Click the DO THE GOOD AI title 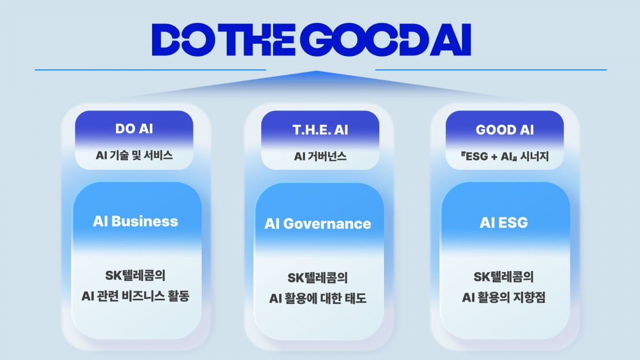[x=311, y=39]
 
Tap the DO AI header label [x=134, y=129]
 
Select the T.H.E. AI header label [x=321, y=130]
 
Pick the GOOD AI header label [x=505, y=130]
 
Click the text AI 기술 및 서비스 [x=134, y=155]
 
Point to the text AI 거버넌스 [x=321, y=156]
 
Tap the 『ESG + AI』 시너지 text [x=505, y=156]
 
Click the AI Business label [x=135, y=221]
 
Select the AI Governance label [x=318, y=223]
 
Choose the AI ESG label [x=503, y=222]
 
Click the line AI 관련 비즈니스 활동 [x=135, y=296]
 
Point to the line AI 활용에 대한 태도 [x=318, y=298]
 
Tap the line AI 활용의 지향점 [x=503, y=298]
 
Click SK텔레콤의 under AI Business [x=135, y=276]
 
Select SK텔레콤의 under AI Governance [x=318, y=278]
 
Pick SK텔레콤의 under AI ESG [x=503, y=277]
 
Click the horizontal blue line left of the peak [x=150, y=70]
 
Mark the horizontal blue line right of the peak [x=491, y=70]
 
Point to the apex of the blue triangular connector [x=316, y=71]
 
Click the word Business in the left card [x=145, y=221]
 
